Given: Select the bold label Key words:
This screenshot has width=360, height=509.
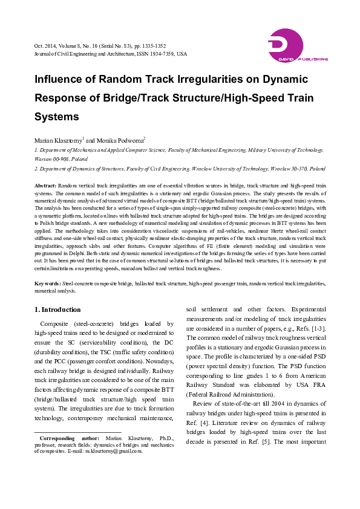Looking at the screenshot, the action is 48,283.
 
